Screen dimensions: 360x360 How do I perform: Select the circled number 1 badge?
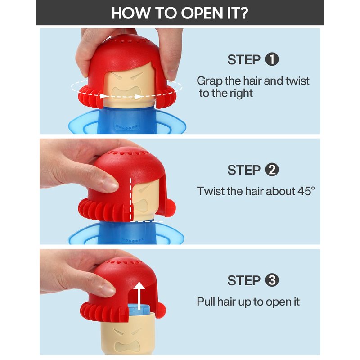pos(272,59)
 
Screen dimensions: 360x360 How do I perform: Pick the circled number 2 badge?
pos(272,170)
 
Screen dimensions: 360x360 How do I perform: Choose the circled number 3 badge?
pos(272,280)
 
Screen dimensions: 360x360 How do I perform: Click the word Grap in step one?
pos(210,81)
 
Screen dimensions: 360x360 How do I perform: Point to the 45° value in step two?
pos(306,191)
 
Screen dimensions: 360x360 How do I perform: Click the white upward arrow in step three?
pos(139,296)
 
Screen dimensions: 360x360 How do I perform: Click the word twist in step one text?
pos(297,81)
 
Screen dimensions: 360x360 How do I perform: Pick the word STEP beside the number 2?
pos(244,170)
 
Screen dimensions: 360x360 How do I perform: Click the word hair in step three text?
pos(227,301)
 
